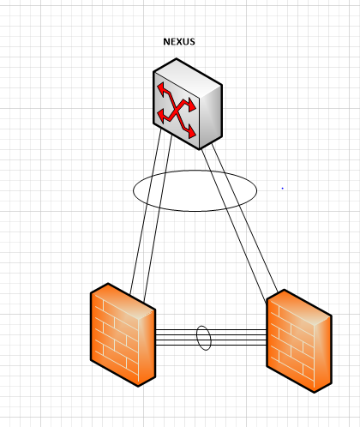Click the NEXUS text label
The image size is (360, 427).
click(179, 42)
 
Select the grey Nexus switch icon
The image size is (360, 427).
click(188, 104)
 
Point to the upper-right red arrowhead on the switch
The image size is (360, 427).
click(191, 105)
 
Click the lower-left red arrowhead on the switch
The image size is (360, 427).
click(162, 115)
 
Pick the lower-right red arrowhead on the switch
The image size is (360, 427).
click(191, 132)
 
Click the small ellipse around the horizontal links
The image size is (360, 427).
click(197, 338)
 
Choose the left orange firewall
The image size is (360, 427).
click(123, 334)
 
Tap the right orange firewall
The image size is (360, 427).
click(299, 341)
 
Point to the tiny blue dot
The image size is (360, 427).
click(283, 189)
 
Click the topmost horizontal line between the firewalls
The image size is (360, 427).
click(211, 330)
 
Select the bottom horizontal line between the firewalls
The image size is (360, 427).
click(211, 345)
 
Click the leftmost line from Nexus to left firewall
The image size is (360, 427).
click(146, 211)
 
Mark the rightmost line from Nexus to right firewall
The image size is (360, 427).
click(244, 218)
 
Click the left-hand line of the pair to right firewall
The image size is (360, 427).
click(234, 226)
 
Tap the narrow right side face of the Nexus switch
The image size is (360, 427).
click(211, 117)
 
